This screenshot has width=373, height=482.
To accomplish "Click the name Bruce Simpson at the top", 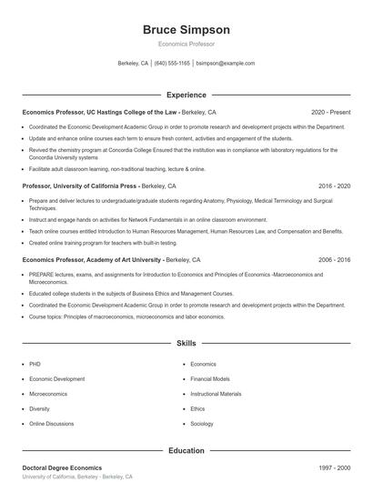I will pos(186,30).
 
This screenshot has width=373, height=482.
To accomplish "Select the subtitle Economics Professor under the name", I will pos(186,44).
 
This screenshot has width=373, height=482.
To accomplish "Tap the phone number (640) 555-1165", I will pos(172,64).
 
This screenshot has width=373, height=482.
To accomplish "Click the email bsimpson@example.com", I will pos(225,64).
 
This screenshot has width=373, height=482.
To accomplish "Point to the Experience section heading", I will pos(186,95).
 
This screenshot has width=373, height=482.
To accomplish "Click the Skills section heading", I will pos(186,344).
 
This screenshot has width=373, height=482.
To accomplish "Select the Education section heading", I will pos(186,450).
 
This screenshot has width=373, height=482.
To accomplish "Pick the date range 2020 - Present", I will pos(330,112).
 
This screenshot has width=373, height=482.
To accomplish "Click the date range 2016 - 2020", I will pos(334,185).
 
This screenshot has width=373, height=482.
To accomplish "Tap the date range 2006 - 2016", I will pos(334,259).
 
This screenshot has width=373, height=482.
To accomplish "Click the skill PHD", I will pos(35,364).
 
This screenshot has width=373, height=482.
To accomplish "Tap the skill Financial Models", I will pos(209,378).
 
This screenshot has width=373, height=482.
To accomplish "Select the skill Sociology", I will pos(202,424).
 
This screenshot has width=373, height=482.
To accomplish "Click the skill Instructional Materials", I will pos(216,394).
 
